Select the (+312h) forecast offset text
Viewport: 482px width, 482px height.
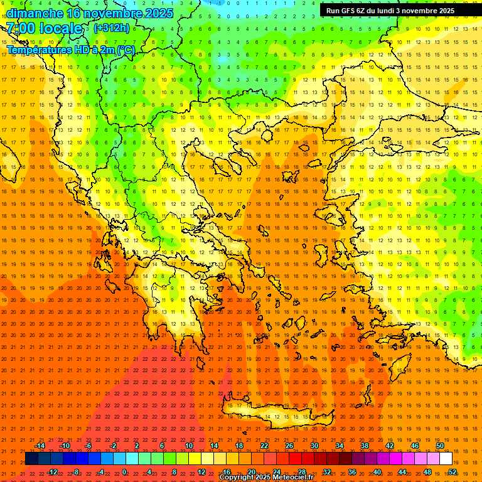(x=112, y=28)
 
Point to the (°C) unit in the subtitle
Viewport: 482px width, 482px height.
(x=126, y=50)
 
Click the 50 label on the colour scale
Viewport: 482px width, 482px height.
(x=439, y=446)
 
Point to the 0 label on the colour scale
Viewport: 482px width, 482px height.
(x=124, y=472)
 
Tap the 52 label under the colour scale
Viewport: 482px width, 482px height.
(x=453, y=472)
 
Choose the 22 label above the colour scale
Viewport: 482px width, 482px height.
(x=264, y=446)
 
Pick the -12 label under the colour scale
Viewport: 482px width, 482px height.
(x=52, y=472)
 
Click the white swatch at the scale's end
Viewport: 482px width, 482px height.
(x=446, y=459)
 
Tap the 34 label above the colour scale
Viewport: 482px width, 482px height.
(x=340, y=446)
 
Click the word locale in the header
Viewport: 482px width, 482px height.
(x=60, y=28)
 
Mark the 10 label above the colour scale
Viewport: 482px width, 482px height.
(x=188, y=446)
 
